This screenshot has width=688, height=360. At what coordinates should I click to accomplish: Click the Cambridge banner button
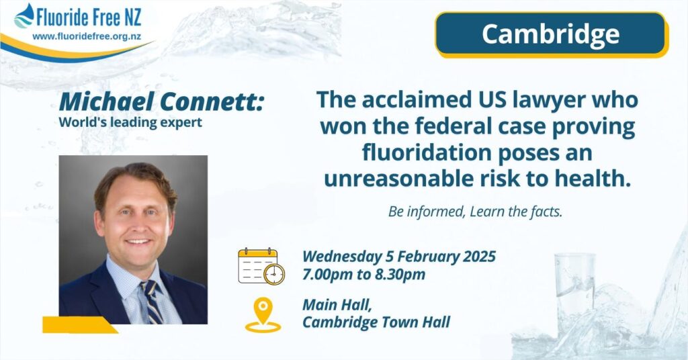[x=552, y=35]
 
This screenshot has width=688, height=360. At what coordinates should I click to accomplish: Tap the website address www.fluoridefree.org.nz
[x=87, y=36]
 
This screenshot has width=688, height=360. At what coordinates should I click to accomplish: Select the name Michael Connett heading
[x=161, y=101]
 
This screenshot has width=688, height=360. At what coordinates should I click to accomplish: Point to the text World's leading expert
[x=130, y=122]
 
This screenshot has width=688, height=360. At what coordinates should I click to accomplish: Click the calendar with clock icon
[x=261, y=266]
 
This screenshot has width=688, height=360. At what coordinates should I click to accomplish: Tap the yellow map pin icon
[x=263, y=315]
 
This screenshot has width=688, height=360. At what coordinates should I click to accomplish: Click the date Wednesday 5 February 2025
[x=399, y=256]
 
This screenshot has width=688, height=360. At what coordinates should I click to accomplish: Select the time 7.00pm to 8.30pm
[x=363, y=275]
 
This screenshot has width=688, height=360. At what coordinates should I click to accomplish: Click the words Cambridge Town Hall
[x=376, y=322]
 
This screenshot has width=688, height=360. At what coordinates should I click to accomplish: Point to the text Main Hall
[x=337, y=305]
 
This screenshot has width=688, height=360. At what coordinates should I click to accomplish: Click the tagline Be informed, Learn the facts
[x=475, y=212]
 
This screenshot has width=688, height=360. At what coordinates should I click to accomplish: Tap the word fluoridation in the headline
[x=422, y=152]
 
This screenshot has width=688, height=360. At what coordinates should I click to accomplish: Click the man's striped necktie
[x=151, y=302]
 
